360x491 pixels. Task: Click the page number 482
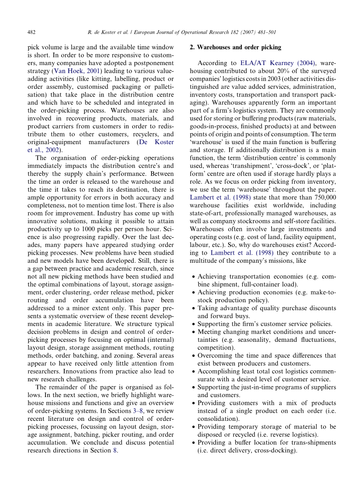[x=31, y=32]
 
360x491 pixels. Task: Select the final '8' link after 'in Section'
[x=115, y=451]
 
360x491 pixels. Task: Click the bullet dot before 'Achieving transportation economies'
[x=193, y=277]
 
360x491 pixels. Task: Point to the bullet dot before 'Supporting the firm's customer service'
[x=193, y=324]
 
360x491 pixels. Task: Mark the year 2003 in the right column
[x=257, y=79]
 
